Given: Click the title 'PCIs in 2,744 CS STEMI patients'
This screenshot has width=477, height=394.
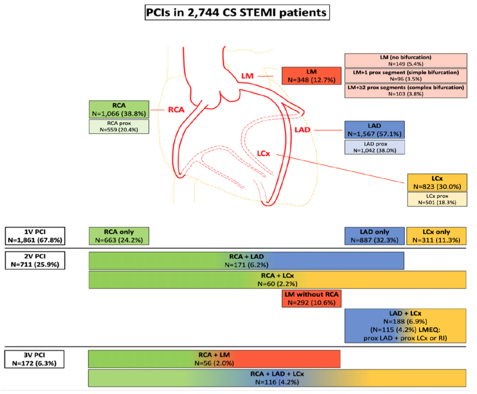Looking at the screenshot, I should coord(238,13).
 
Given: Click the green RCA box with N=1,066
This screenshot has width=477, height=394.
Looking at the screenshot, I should coord(119,109).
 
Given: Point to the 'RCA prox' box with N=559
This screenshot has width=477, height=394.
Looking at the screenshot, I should coord(119,126).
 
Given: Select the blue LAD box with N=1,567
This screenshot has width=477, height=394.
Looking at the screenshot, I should coord(375,130).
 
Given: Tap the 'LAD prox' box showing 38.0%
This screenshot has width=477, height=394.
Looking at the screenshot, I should coord(375,147).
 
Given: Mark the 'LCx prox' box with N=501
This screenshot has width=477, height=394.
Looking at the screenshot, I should coord(436,199).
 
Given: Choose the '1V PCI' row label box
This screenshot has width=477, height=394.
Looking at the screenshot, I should coord(35,236).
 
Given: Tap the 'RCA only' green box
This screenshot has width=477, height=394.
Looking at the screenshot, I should coord(119,236).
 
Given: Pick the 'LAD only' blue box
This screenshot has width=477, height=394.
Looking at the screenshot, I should coord(375,236).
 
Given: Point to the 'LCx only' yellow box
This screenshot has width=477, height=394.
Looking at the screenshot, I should coord(436,236).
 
